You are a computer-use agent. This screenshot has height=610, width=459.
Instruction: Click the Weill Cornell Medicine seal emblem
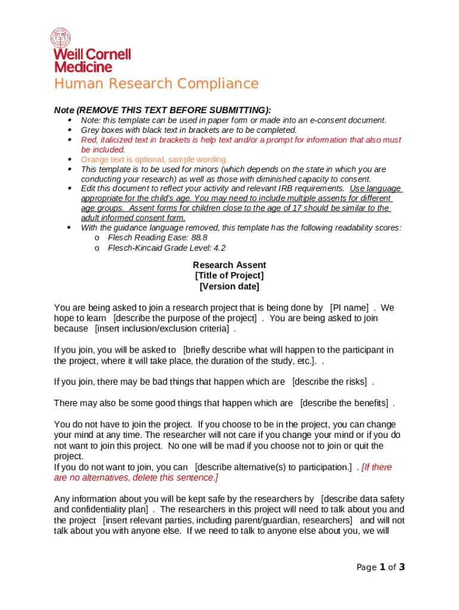[60, 38]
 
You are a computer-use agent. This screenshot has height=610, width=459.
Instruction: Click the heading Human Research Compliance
[156, 83]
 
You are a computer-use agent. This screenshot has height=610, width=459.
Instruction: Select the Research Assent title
[229, 265]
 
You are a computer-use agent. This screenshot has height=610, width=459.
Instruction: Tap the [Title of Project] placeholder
[229, 276]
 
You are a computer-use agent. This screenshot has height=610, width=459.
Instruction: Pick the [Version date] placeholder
[229, 287]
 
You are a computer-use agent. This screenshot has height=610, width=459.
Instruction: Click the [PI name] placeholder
[349, 308]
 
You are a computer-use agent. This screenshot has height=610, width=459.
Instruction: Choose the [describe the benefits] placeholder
[344, 403]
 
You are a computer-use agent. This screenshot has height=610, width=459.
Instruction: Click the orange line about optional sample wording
[154, 160]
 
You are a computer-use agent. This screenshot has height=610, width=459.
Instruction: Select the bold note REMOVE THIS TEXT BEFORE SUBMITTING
[172, 110]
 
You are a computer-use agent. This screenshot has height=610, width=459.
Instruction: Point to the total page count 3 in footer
[402, 568]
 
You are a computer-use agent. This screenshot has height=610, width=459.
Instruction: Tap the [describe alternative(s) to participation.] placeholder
[273, 468]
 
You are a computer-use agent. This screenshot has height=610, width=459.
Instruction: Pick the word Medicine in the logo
[83, 67]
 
